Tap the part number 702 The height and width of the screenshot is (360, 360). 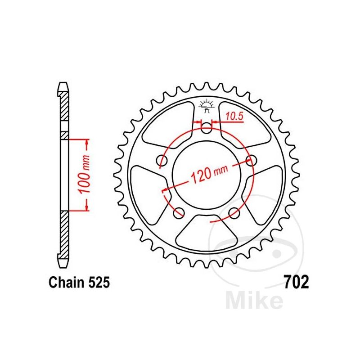pos(296,282)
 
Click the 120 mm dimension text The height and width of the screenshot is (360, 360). pos(207,173)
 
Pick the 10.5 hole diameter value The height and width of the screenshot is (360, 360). pos(234,116)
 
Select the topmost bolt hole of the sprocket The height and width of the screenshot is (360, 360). pos(207,129)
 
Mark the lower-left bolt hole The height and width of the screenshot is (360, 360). pos(179,212)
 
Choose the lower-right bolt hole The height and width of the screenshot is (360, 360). pos(234,212)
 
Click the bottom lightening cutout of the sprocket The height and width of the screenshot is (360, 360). pos(207,232)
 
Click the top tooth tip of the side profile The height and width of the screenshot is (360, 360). pos(63,85)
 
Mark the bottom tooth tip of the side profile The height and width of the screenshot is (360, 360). pos(63,262)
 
